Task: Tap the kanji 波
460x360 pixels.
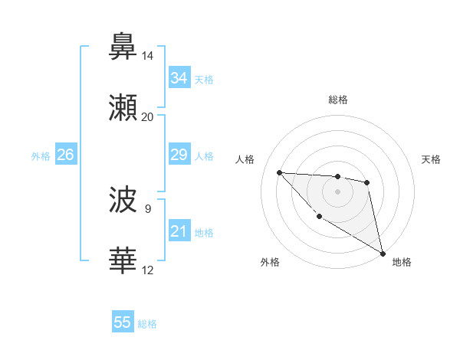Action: [123, 201]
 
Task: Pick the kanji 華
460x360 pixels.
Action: [123, 261]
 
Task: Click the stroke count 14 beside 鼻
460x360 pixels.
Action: [148, 56]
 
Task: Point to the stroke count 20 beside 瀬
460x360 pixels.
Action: [148, 116]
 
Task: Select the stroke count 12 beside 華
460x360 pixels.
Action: [148, 270]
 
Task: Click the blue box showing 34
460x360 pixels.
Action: [179, 78]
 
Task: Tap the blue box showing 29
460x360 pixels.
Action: [179, 155]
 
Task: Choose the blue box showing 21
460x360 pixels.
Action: [179, 231]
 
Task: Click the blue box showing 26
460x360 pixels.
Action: [66, 155]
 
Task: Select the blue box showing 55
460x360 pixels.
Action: [123, 322]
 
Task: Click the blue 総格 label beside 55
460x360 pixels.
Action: [147, 324]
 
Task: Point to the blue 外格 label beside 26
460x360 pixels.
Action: [41, 156]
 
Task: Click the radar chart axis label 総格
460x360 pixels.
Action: [338, 100]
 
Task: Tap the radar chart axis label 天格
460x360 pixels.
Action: [432, 159]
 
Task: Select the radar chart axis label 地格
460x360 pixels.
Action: [402, 262]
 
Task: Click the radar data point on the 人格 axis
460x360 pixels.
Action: [280, 172]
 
